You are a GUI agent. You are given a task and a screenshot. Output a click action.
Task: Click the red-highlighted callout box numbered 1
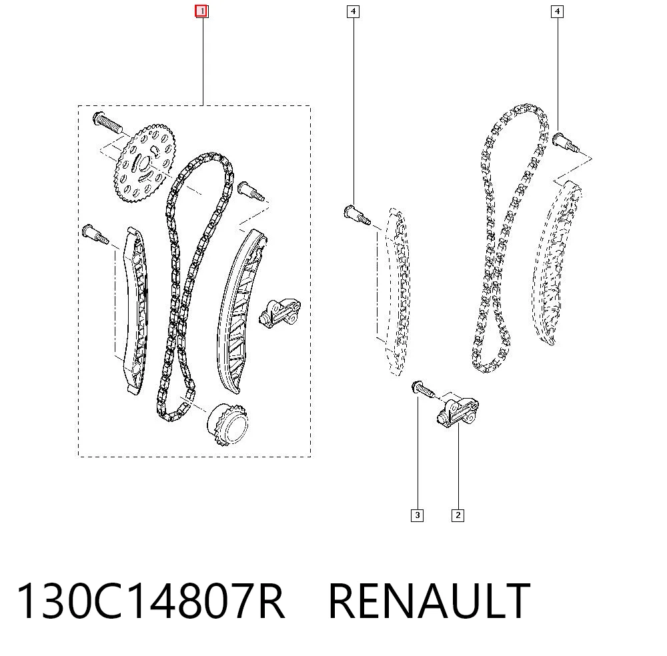coord(201,11)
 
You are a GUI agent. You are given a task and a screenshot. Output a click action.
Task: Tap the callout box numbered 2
coord(458,515)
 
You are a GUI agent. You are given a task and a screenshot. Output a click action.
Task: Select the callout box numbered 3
coord(418,515)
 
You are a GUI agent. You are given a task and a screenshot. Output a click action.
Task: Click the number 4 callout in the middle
coord(353,11)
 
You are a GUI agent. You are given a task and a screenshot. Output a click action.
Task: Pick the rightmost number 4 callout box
coord(557,11)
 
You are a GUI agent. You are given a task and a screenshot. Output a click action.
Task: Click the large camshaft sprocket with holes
coord(145,163)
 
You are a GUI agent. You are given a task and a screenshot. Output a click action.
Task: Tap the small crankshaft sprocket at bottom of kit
coord(227,424)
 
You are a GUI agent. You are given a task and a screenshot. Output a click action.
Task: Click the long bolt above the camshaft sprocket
coord(107,123)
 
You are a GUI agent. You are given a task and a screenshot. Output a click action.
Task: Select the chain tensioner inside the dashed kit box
coord(279,313)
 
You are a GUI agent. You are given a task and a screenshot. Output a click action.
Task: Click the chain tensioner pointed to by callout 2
coord(458,411)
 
